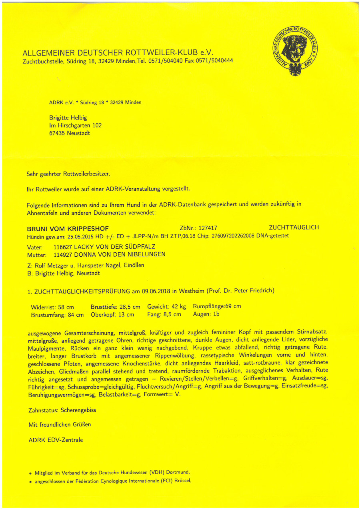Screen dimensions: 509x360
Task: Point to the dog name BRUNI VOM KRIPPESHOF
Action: pos(68,229)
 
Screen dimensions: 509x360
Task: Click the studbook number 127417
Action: pos(208,228)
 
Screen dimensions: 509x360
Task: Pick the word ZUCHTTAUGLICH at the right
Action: pos(294,228)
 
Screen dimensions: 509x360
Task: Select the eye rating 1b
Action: pos(216,314)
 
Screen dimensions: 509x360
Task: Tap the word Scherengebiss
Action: pos(78,410)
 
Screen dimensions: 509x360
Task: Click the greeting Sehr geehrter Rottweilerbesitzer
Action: pos(68,174)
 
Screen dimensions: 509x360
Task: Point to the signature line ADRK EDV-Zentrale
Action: pos(56,440)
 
